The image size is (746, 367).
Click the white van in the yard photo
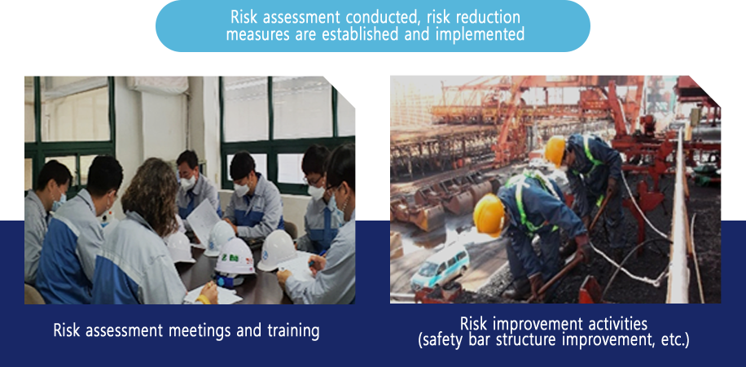coord(440,267)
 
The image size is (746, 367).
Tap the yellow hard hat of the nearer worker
coord(489,214)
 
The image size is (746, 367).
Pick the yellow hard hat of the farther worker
coord(555,151)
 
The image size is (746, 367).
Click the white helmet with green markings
coord(235,256)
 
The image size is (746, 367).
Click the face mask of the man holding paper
coord(188,181)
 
